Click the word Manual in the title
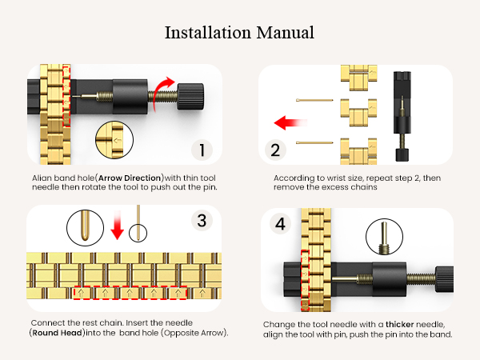pyautogui.click(x=285, y=33)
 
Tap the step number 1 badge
pyautogui.click(x=202, y=150)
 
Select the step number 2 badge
pyautogui.click(x=275, y=150)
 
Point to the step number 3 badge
pyautogui.click(x=202, y=221)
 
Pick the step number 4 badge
pyautogui.click(x=280, y=223)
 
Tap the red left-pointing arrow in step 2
pyautogui.click(x=290, y=122)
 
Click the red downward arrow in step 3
pyautogui.click(x=117, y=225)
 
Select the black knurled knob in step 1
pyautogui.click(x=190, y=96)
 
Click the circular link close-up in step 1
pyautogui.click(x=114, y=140)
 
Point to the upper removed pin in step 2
pyautogui.click(x=314, y=100)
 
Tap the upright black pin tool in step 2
pyautogui.click(x=402, y=116)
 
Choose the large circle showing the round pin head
pyautogui.click(x=85, y=227)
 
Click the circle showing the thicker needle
pyautogui.click(x=384, y=237)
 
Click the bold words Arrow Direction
pyautogui.click(x=130, y=178)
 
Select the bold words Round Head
pyautogui.click(x=57, y=333)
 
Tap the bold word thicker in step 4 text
pyautogui.click(x=400, y=325)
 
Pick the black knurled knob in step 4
pyautogui.click(x=445, y=279)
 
